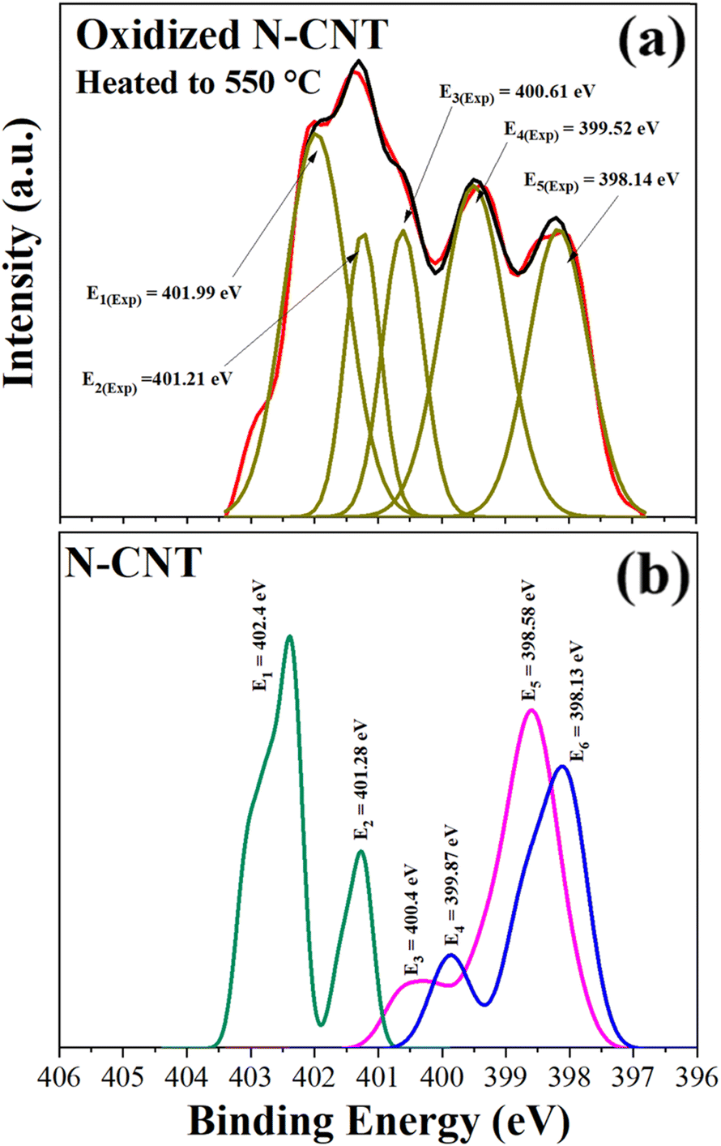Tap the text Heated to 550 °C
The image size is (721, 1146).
point(198,82)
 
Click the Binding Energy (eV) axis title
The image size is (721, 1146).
point(378,1122)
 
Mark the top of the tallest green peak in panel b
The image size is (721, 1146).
point(289,637)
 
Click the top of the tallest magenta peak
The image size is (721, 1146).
point(531,711)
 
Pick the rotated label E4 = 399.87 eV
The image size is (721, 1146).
point(451,888)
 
